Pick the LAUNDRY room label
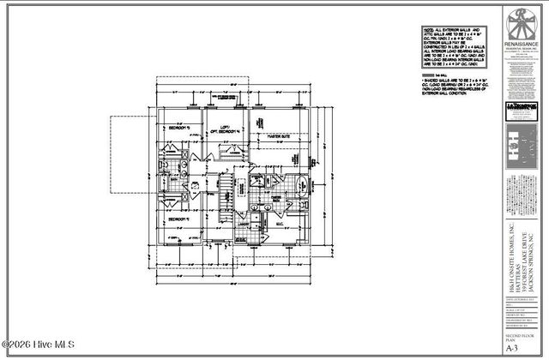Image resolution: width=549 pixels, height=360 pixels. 244,224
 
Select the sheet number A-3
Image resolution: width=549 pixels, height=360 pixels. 513,349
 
